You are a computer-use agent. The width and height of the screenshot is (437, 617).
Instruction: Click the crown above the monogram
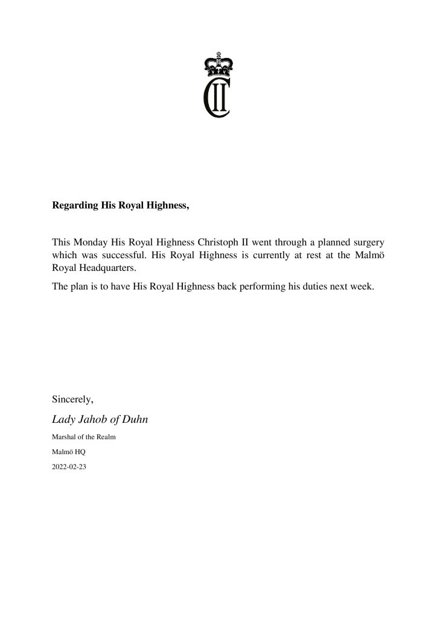218,63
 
